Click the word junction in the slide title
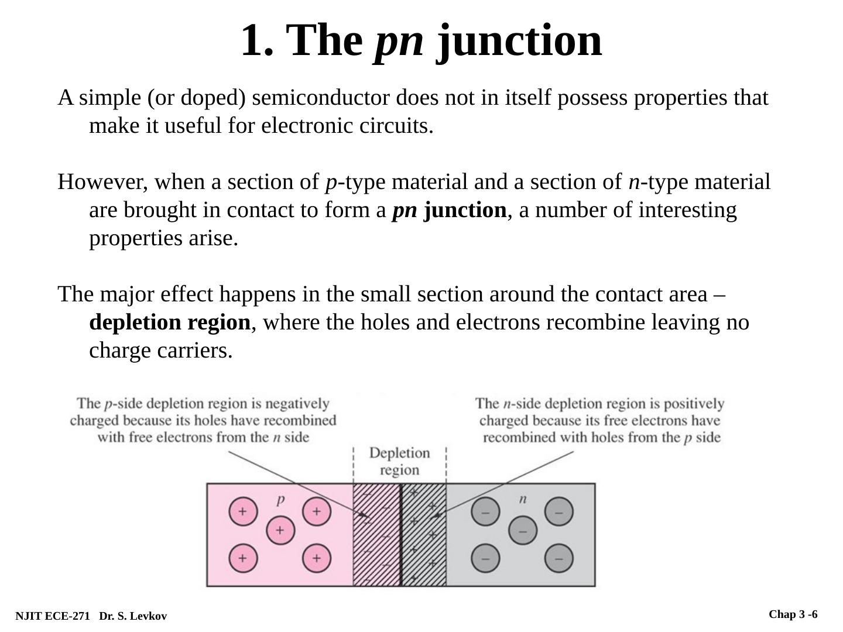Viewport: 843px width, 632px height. (519, 40)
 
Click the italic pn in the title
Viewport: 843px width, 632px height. (399, 40)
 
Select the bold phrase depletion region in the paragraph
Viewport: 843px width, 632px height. (170, 322)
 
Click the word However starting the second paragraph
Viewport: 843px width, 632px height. (102, 182)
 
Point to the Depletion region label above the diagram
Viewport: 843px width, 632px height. (400, 461)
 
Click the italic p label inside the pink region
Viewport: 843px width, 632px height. (280, 499)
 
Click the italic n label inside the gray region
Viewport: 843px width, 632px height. (523, 499)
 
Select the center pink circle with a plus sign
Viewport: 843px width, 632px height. (280, 530)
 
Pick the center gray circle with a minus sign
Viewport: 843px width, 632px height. (523, 531)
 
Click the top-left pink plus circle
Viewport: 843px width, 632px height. (242, 511)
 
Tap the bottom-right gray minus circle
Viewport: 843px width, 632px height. (559, 558)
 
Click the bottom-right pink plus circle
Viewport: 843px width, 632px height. (317, 558)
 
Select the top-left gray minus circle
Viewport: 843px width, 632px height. (485, 511)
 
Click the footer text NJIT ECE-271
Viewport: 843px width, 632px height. (53, 616)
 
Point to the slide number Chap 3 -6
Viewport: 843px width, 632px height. (793, 614)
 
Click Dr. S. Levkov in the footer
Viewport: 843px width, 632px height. (133, 616)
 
